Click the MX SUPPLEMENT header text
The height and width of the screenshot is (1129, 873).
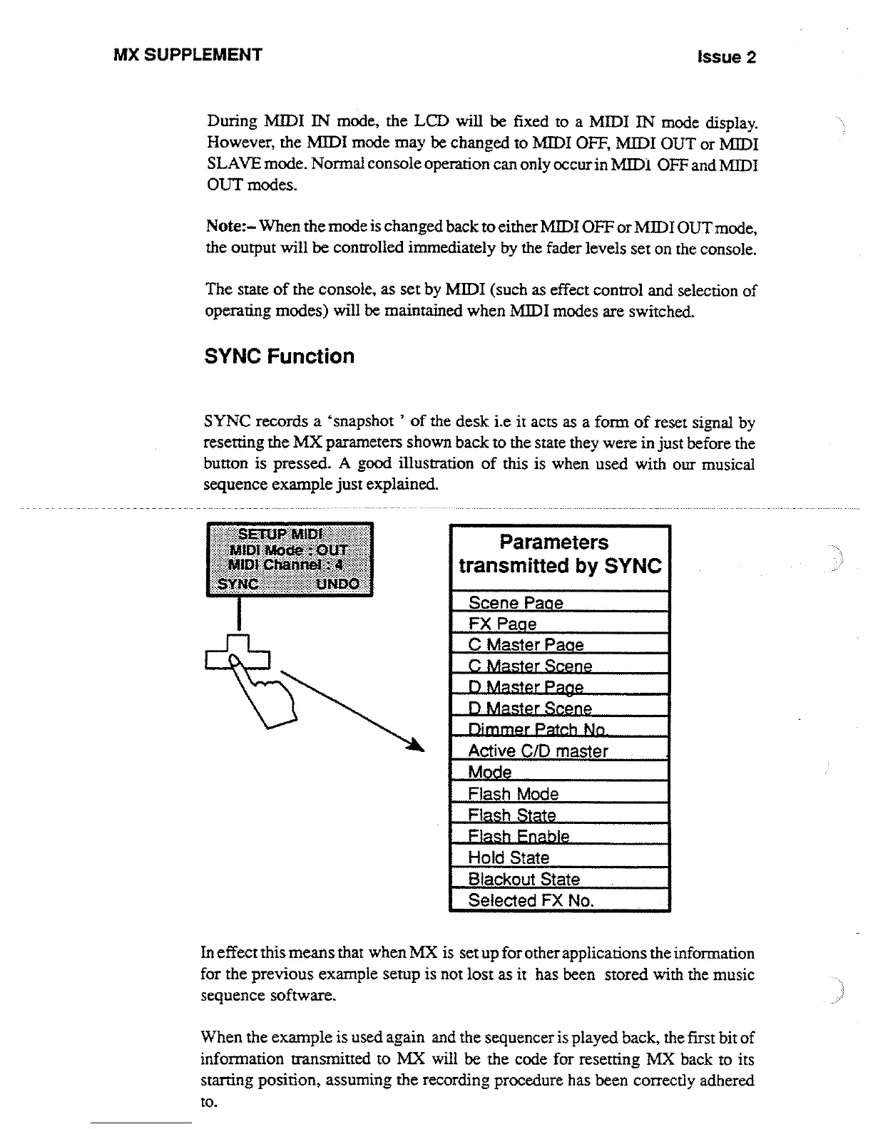pyautogui.click(x=188, y=55)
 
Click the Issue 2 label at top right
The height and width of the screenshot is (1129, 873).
pyautogui.click(x=727, y=57)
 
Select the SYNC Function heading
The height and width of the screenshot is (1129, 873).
pyautogui.click(x=279, y=356)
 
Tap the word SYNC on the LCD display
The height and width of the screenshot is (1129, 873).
pyautogui.click(x=238, y=584)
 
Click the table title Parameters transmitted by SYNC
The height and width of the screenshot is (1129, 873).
pyautogui.click(x=560, y=555)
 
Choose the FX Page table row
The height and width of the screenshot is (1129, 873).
pyautogui.click(x=502, y=624)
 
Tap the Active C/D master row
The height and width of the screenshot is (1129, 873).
pyautogui.click(x=538, y=751)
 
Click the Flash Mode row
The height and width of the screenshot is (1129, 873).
pyautogui.click(x=513, y=794)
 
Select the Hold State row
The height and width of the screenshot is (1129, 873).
pyautogui.click(x=509, y=857)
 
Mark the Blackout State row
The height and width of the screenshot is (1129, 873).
pyautogui.click(x=524, y=879)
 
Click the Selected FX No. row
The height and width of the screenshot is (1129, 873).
pyautogui.click(x=531, y=900)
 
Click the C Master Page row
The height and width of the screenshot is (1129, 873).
pyautogui.click(x=526, y=645)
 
